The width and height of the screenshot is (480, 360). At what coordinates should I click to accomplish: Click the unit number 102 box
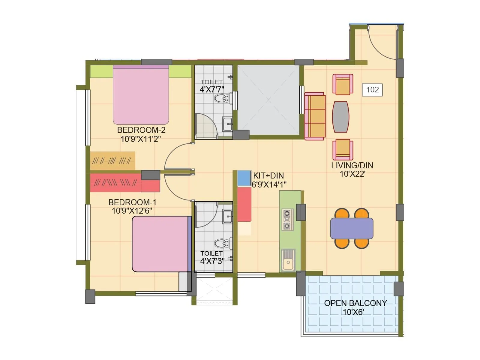[372, 89]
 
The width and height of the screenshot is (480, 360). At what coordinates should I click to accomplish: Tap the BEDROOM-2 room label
[141, 130]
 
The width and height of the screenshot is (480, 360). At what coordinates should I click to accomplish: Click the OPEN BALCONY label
[355, 303]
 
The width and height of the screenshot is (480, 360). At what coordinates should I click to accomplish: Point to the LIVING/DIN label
[352, 165]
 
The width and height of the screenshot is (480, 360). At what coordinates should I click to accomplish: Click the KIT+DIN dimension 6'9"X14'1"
[269, 185]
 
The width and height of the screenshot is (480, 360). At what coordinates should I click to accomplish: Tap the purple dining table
[352, 228]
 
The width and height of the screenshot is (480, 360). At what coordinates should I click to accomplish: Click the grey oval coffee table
[340, 117]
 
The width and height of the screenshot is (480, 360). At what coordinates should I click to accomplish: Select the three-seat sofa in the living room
[315, 116]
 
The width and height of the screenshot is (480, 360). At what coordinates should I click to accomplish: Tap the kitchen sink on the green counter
[288, 260]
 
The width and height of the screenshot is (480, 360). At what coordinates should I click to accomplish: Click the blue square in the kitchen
[244, 178]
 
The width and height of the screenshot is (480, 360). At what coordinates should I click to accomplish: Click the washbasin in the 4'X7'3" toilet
[227, 217]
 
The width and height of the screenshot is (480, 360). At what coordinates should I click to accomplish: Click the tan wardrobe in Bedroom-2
[112, 161]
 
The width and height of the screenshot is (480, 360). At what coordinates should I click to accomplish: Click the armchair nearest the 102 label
[343, 84]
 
